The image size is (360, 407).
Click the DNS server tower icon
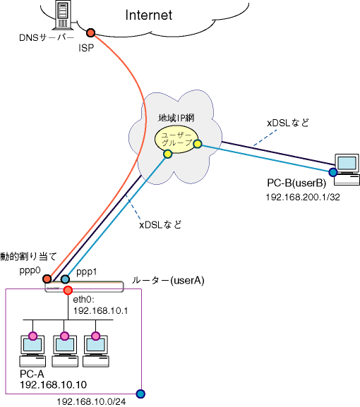[x=63, y=15]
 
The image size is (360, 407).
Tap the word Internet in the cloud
[x=148, y=15]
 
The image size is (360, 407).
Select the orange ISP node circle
[x=90, y=32]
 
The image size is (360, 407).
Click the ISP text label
[x=86, y=48]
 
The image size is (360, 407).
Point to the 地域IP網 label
[x=176, y=118]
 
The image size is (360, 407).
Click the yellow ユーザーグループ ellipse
[x=176, y=140]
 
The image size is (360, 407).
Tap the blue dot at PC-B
[x=333, y=172]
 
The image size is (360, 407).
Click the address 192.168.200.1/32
[x=303, y=197]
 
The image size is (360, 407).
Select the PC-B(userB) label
[x=296, y=183]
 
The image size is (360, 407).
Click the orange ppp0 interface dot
[x=47, y=279]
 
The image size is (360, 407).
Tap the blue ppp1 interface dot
[x=65, y=279]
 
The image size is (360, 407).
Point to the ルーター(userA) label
[x=168, y=281]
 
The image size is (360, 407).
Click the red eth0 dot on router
[x=68, y=290]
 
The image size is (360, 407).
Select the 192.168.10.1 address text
[x=100, y=310]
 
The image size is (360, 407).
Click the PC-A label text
[x=32, y=374]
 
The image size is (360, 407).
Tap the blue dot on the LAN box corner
[x=140, y=394]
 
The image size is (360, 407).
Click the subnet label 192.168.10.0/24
[x=91, y=402]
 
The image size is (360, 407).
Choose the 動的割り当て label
[x=28, y=257]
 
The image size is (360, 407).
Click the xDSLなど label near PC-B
[x=288, y=123]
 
